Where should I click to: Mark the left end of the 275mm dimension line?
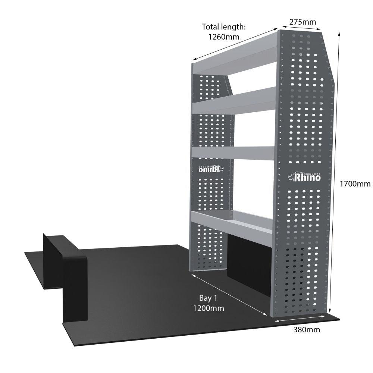283,26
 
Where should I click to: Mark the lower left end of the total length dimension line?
192,60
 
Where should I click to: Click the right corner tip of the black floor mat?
340,320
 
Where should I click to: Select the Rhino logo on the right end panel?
304,177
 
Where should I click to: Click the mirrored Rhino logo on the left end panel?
211,169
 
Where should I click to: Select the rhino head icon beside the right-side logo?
291,177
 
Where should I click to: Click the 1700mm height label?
355,184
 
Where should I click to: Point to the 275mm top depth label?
303,22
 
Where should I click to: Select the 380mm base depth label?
307,329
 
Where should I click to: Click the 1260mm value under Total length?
223,37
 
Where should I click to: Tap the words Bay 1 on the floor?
208,298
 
